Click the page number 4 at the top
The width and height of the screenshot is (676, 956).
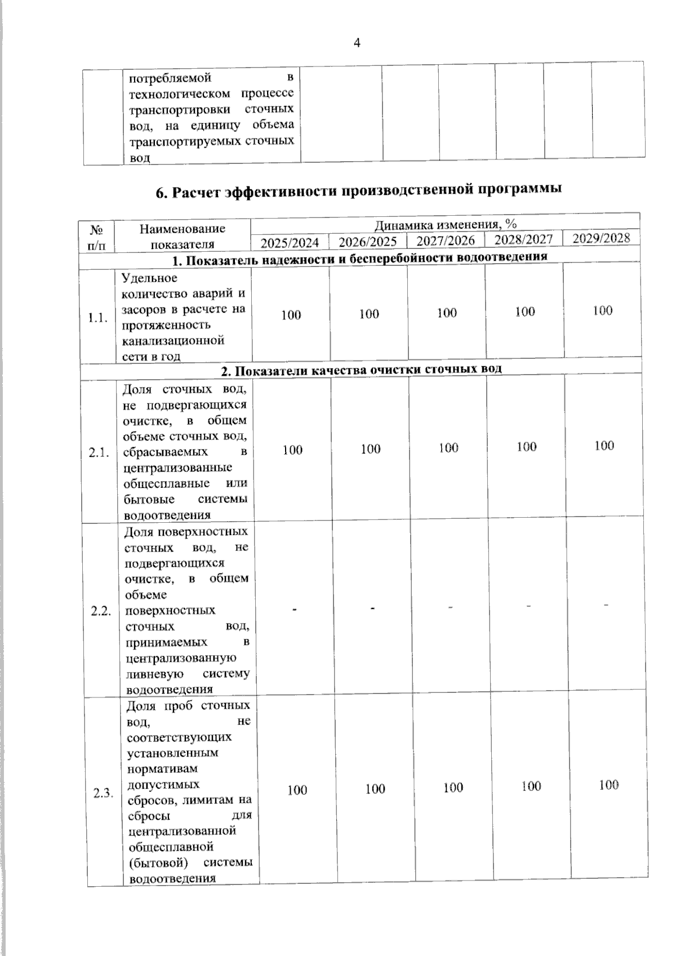click(357, 43)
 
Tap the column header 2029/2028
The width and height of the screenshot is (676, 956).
click(601, 238)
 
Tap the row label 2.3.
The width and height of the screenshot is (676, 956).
click(104, 794)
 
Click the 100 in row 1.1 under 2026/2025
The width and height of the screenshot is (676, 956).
click(369, 314)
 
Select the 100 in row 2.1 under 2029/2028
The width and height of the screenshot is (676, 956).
click(604, 446)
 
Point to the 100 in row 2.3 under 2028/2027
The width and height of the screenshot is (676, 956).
click(531, 786)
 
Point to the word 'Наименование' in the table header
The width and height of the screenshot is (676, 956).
click(182, 229)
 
